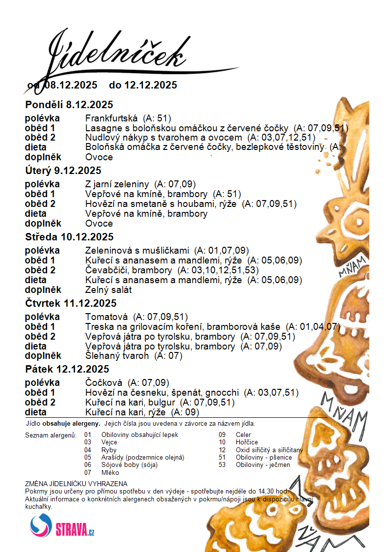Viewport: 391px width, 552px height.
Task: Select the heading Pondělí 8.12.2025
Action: coord(69,105)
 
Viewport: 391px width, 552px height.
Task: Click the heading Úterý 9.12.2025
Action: coord(63,171)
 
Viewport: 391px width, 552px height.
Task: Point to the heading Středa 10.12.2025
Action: coord(69,237)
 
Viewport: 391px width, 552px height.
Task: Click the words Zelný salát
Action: coord(108,290)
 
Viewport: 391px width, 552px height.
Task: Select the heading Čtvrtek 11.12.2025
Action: coord(71,303)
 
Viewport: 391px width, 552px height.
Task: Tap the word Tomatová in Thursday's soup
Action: coord(106,317)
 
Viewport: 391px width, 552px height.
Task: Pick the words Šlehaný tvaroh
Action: coord(117,356)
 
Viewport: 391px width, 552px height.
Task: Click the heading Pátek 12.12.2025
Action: coord(67,369)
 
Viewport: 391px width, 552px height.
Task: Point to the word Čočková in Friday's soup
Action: coord(104,383)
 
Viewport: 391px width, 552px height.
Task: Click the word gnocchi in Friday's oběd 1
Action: coord(223,393)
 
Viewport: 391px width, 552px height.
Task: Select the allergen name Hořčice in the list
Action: coord(247,442)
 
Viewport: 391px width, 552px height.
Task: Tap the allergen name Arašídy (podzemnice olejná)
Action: coord(142,458)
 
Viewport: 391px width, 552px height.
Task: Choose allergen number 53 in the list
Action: coord(223,465)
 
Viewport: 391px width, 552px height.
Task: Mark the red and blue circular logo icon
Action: coord(41,525)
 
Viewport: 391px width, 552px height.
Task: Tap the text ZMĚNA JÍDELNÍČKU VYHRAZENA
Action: coord(76,484)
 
